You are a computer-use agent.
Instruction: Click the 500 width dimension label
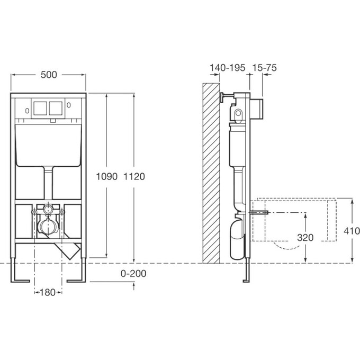tap(49, 75)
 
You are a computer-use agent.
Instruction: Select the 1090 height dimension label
tap(106, 176)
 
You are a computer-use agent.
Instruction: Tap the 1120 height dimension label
tap(134, 176)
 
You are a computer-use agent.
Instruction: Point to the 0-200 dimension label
tap(133, 274)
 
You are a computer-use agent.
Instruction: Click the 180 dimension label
tap(48, 292)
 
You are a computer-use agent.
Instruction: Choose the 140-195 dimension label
tap(228, 68)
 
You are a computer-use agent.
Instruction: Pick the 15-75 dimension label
tap(265, 68)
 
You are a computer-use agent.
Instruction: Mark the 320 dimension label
tap(305, 238)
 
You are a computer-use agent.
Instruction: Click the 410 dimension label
tap(352, 231)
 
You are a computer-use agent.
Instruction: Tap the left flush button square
tap(40, 109)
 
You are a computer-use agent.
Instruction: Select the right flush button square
tap(56, 109)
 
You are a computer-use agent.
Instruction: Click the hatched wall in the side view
tap(211, 173)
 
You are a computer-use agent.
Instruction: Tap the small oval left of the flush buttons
tap(27, 111)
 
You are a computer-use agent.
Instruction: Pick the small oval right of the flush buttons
tap(69, 105)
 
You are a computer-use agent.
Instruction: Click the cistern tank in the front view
tap(48, 146)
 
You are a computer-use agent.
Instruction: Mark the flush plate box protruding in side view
tap(257, 109)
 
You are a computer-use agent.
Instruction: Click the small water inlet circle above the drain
tap(48, 209)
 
